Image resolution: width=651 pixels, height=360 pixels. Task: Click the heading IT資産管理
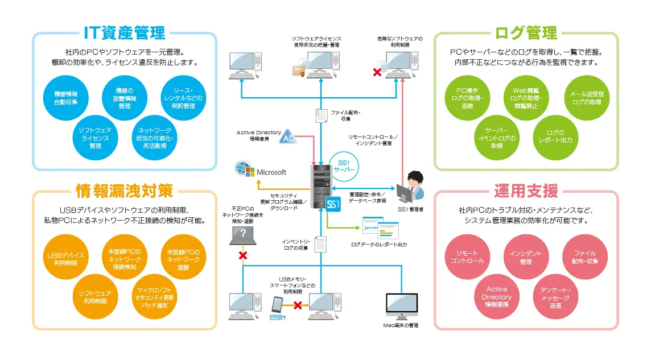click(125, 32)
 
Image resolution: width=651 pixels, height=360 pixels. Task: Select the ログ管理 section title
click(526, 32)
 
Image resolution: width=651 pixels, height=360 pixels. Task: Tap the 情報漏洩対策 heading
click(125, 191)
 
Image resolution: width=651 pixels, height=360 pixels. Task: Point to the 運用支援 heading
click(526, 191)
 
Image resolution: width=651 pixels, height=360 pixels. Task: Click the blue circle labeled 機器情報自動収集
click(66, 97)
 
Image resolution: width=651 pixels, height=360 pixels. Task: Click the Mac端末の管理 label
click(401, 325)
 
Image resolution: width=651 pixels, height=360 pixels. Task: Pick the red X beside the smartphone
click(296, 305)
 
